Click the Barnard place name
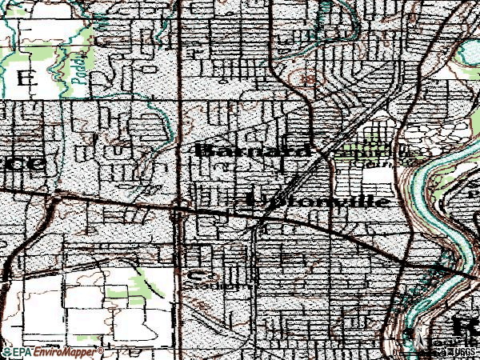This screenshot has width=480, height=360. (253, 150)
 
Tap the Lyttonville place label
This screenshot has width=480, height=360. (320, 200)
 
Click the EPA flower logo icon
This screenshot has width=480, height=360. (7, 352)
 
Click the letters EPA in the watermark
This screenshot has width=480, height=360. (23, 352)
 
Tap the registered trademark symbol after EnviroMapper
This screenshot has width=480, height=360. (101, 350)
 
